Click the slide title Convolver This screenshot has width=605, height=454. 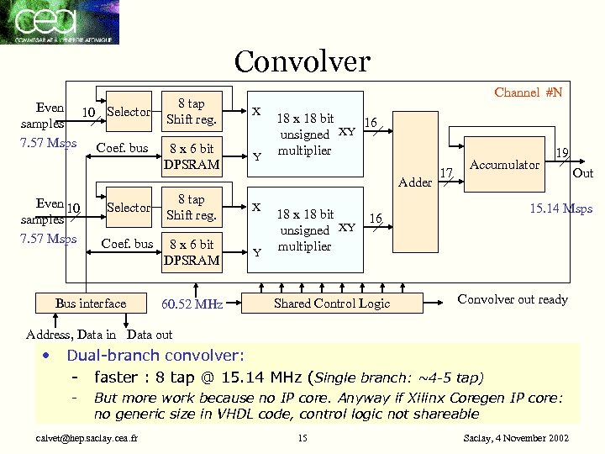302,61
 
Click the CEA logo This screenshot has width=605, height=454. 60,22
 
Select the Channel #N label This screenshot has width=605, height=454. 528,92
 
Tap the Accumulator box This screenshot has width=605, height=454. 504,165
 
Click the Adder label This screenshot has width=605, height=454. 415,182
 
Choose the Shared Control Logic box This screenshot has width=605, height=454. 332,304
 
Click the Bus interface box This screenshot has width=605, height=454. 90,304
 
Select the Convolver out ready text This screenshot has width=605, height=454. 513,299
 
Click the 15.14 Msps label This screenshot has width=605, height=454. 560,209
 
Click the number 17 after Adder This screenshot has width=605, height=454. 446,173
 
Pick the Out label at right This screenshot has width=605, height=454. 582,173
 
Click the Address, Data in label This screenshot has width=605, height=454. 71,335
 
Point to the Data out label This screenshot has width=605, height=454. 150,335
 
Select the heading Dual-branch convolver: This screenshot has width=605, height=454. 155,355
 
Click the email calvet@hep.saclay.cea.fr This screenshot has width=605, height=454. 82,438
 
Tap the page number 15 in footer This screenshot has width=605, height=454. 303,438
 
